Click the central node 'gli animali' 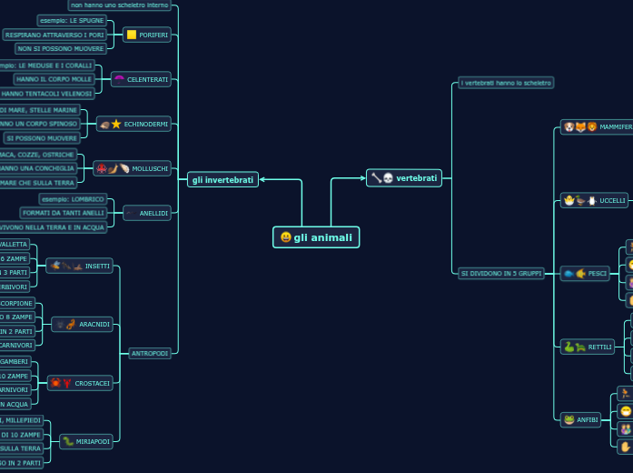click(316, 237)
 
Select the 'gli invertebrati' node click(223, 180)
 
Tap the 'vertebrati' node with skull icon click(404, 178)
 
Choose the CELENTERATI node click(141, 79)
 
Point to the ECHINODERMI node click(134, 124)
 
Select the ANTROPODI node click(149, 353)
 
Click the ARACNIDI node click(83, 324)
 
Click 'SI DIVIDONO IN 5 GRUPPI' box click(501, 273)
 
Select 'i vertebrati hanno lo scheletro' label click(506, 83)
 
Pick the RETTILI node click(588, 347)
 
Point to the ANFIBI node click(581, 419)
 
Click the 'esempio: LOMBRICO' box click(74, 198)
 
